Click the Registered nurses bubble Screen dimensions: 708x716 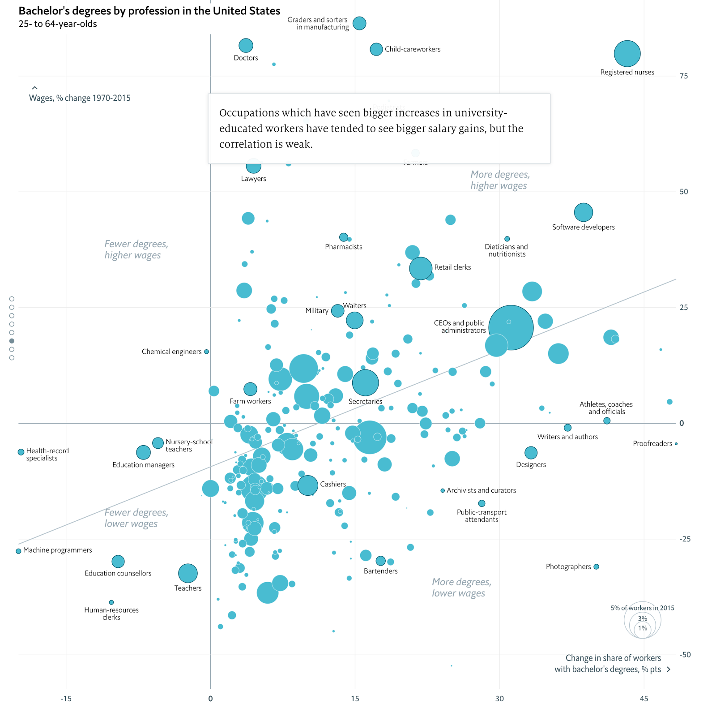click(x=627, y=53)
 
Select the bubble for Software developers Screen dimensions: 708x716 click(x=583, y=212)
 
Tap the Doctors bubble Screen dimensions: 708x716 click(x=246, y=45)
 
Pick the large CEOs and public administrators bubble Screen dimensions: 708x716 click(x=511, y=327)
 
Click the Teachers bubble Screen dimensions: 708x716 click(x=188, y=573)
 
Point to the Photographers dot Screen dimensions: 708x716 click(x=596, y=566)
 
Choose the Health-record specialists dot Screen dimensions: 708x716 click(x=21, y=452)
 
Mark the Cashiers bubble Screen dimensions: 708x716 click(x=308, y=485)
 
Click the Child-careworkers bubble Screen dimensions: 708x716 click(x=376, y=49)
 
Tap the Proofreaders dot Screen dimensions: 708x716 click(x=676, y=444)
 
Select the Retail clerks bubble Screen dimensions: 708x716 click(x=421, y=268)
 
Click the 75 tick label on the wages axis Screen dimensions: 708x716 click(x=683, y=76)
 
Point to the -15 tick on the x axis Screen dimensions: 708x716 click(x=66, y=699)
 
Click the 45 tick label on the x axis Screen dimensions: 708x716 click(x=644, y=699)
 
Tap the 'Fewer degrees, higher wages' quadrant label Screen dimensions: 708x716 click(x=136, y=249)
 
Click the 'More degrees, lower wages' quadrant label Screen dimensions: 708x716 click(x=461, y=588)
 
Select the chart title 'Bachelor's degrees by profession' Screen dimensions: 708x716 click(x=149, y=11)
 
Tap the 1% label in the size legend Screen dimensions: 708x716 click(x=643, y=628)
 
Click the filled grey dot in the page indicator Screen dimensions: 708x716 click(x=12, y=341)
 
